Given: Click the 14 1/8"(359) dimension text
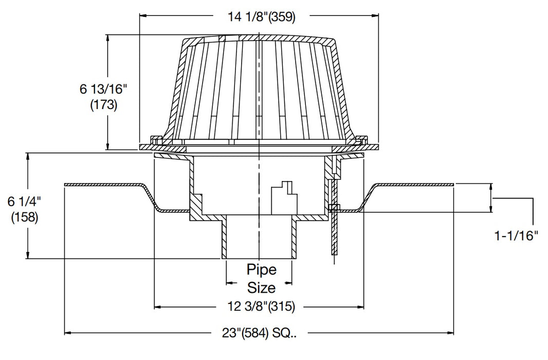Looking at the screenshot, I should tap(261, 16).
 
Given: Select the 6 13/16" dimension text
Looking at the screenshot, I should tap(103, 89).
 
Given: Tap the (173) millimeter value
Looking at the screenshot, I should tap(103, 105).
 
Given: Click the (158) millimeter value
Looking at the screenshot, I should tap(24, 217).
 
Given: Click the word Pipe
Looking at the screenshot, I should tap(261, 269).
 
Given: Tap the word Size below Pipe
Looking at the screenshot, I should tap(261, 287).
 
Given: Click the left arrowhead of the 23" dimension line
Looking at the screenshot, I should tap(68, 333).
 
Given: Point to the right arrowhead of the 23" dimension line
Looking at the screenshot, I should tap(450, 333).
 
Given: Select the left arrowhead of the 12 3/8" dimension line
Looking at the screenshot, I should tap(158, 307).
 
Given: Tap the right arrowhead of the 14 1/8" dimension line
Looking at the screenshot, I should tap(375, 16).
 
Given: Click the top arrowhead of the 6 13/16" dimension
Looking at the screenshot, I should tap(107, 38).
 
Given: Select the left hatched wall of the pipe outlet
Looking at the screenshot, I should tap(225, 239).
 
